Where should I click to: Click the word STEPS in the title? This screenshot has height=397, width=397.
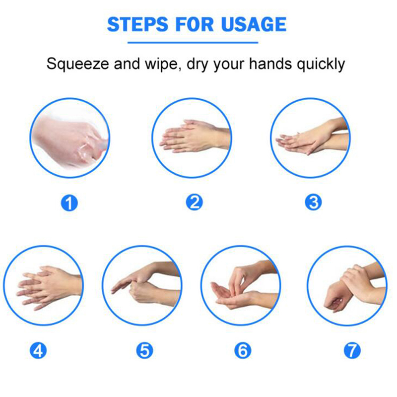(138, 24)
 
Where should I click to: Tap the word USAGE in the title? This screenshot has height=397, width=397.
(254, 24)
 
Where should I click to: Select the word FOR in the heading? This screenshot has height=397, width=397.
(195, 24)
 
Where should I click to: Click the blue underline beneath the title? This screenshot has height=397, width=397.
(193, 43)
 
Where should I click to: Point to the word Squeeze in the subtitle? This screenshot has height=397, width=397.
(78, 64)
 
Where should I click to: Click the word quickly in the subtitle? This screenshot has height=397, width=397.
(321, 64)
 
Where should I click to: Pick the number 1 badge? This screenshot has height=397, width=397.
(69, 203)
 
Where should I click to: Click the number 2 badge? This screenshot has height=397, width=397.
(194, 202)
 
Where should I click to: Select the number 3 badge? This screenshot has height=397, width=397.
(313, 202)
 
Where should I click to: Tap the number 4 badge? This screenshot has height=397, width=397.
(38, 351)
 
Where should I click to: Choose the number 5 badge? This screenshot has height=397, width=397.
(144, 351)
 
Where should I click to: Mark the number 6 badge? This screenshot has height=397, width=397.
(243, 351)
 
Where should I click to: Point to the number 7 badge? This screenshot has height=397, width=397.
(352, 351)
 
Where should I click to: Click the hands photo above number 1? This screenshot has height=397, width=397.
(69, 138)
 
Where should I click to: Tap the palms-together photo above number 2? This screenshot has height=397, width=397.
(192, 138)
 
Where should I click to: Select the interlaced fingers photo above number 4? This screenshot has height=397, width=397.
(43, 285)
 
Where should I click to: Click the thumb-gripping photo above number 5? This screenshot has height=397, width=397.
(142, 285)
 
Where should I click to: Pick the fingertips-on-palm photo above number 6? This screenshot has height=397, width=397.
(241, 285)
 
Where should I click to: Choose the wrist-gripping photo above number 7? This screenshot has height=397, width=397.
(347, 285)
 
